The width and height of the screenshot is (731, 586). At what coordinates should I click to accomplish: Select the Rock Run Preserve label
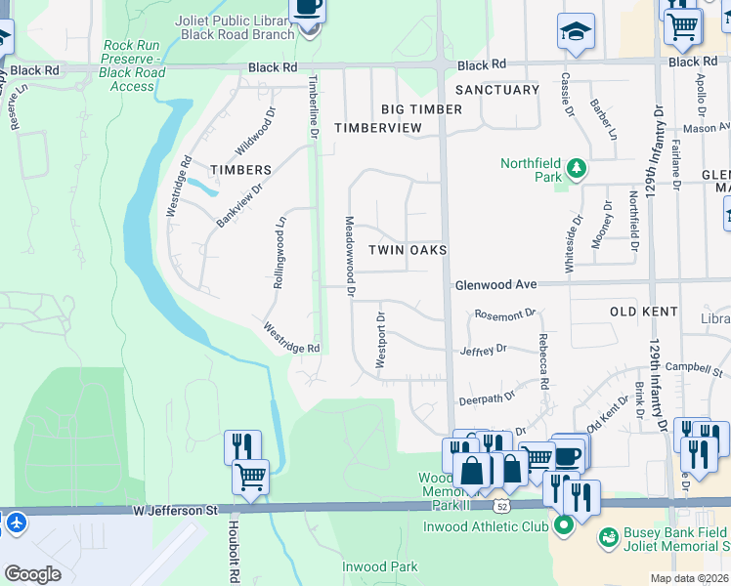tap(133, 65)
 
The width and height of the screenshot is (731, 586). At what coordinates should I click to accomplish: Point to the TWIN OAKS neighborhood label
tap(408, 251)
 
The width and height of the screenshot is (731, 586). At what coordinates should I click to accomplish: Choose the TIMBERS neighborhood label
tap(240, 170)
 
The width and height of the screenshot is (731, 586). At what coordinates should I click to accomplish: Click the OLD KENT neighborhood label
tap(644, 312)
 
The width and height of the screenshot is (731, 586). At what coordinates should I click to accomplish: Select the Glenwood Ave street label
tap(495, 284)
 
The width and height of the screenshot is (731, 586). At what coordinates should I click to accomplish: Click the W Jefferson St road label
tap(175, 510)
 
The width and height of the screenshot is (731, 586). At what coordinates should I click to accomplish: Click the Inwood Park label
tap(379, 566)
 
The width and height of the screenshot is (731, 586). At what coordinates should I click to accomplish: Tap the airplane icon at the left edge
tap(15, 523)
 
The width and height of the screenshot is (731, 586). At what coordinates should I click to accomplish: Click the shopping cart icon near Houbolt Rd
tap(251, 479)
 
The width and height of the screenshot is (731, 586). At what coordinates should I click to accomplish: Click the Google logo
tap(32, 574)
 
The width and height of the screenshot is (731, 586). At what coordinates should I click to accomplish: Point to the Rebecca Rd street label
tap(542, 360)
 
